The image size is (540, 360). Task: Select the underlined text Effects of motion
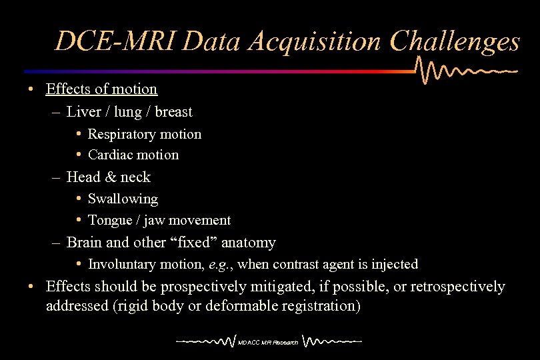101,89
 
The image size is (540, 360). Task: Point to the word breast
173,111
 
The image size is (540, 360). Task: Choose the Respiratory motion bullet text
145,134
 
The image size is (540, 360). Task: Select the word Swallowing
123,199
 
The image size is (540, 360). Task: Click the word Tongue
110,220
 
